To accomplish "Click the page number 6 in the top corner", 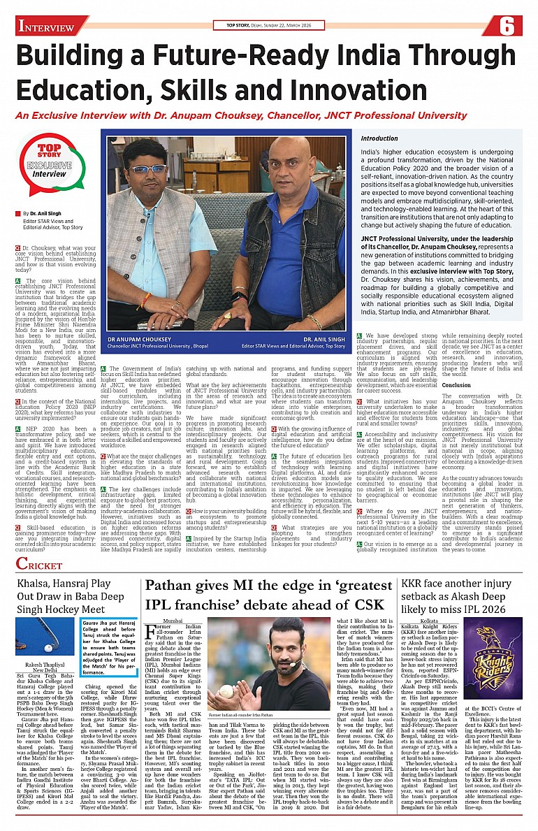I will pyautogui.click(x=507, y=27).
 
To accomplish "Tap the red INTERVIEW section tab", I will pyautogui.click(x=48, y=27).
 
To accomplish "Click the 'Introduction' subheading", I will pyautogui.click(x=379, y=139).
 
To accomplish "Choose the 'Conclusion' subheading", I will pyautogui.click(x=457, y=384).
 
